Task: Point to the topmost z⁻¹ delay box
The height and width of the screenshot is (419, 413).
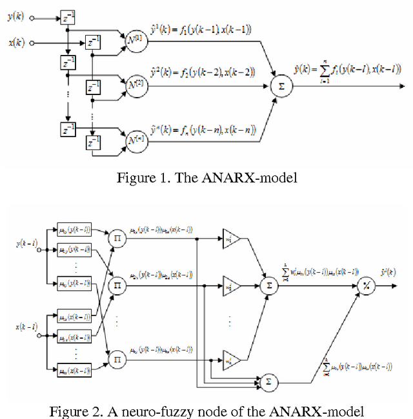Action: [x=68, y=19]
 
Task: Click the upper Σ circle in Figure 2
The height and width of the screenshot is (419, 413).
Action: [x=268, y=285]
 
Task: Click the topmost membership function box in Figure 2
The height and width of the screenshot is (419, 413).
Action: [x=74, y=230]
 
